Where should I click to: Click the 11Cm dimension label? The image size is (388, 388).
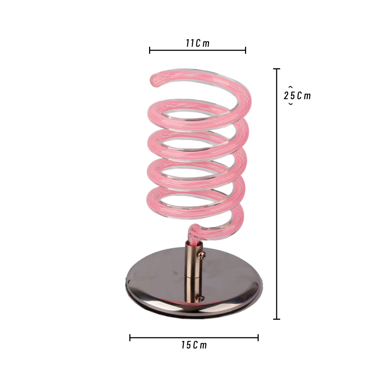(x=198, y=43)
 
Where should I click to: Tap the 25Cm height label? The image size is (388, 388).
(x=297, y=96)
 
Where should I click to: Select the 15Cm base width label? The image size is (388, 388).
(x=194, y=345)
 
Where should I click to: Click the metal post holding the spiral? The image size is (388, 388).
(x=194, y=272)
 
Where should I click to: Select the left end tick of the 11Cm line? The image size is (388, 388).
(x=149, y=50)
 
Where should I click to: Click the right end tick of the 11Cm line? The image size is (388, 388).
(x=245, y=50)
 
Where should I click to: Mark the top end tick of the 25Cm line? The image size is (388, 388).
(x=276, y=69)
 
